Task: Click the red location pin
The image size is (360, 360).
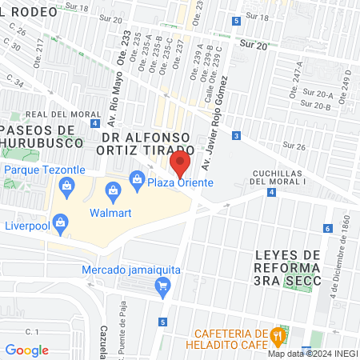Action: [x=180, y=165]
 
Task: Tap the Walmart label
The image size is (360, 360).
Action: [x=110, y=214]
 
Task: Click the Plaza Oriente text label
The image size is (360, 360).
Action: [x=180, y=183]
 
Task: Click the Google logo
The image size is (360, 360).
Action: [x=26, y=350]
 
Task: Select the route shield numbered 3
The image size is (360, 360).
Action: [x=238, y=136]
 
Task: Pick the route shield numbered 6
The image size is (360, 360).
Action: [x=328, y=229]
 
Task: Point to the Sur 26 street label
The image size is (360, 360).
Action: [x=294, y=146]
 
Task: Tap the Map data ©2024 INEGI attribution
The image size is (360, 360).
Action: [x=313, y=354]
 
